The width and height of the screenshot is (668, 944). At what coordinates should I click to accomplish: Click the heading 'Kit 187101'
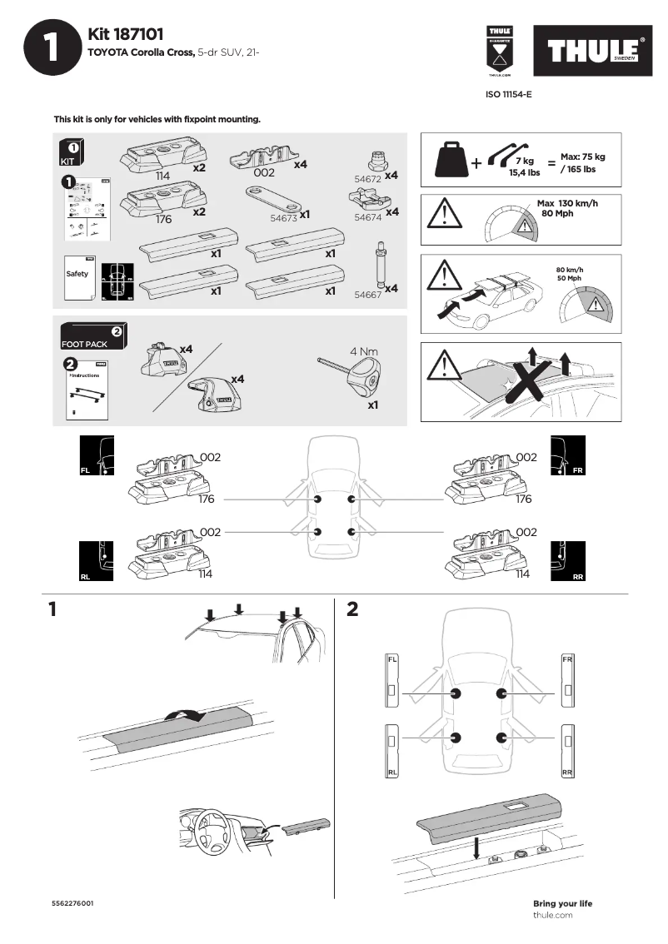click(x=125, y=34)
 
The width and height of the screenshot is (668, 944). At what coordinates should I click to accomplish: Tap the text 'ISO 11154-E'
click(x=508, y=95)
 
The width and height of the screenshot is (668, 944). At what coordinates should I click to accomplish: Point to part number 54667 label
click(x=367, y=294)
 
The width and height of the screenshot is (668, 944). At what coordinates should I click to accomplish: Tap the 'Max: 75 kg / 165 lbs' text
click(x=582, y=162)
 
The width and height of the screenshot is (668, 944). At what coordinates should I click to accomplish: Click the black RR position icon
click(x=569, y=563)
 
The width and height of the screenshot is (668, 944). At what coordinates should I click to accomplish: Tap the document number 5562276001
click(x=72, y=903)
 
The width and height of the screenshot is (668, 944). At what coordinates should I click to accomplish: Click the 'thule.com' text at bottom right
click(x=552, y=915)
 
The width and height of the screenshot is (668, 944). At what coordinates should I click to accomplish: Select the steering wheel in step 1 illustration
click(x=212, y=827)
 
